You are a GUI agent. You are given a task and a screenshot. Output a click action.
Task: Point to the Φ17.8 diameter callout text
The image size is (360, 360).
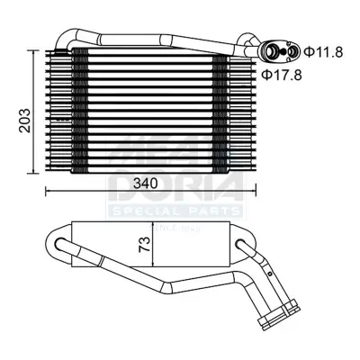click(x=283, y=75)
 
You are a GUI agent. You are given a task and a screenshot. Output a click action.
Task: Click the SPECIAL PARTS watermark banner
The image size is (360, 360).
click(x=175, y=211)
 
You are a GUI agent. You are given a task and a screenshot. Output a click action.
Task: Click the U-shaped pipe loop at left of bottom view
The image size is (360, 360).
click(x=57, y=246)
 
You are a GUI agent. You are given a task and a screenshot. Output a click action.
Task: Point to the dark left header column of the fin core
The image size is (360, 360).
click(x=79, y=108)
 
